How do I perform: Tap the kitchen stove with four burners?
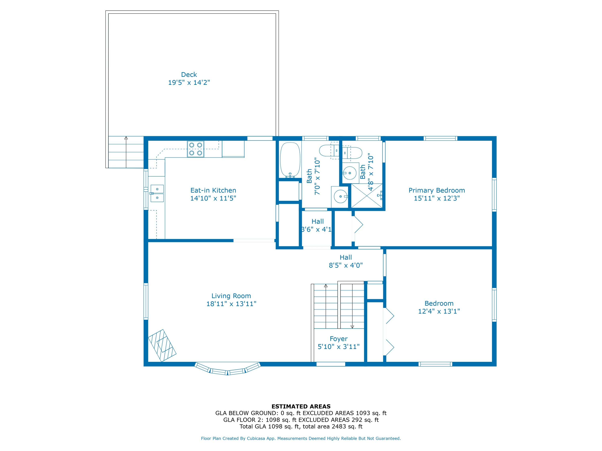pyautogui.click(x=195, y=149)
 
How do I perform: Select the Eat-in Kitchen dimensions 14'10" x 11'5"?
pyautogui.click(x=213, y=198)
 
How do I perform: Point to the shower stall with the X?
pyautogui.click(x=367, y=196)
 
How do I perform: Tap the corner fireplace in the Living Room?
pyautogui.click(x=162, y=345)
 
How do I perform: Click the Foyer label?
pyautogui.click(x=339, y=339)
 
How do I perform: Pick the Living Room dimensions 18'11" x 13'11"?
pyautogui.click(x=231, y=304)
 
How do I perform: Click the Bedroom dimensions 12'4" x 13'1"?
pyautogui.click(x=439, y=311)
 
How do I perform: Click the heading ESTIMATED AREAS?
pyautogui.click(x=301, y=407)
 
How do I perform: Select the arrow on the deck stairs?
pyautogui.click(x=126, y=152)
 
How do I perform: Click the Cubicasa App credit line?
pyautogui.click(x=301, y=438)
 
